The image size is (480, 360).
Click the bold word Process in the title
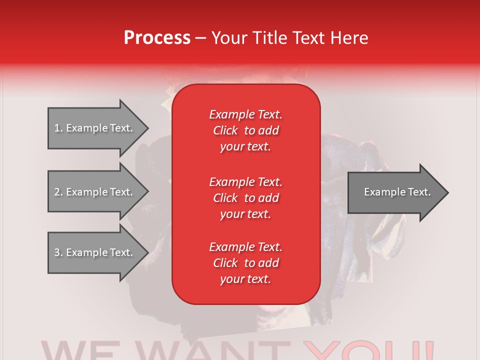click(157, 38)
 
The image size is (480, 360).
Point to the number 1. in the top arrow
click(58, 128)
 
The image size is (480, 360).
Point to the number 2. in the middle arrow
click(58, 192)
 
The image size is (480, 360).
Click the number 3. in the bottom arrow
click(58, 252)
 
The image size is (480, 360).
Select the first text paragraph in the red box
click(245, 130)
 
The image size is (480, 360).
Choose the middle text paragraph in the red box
click(245, 198)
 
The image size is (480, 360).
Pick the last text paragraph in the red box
click(245, 263)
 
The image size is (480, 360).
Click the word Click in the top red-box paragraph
click(225, 131)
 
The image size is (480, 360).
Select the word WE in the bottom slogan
click(80, 351)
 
